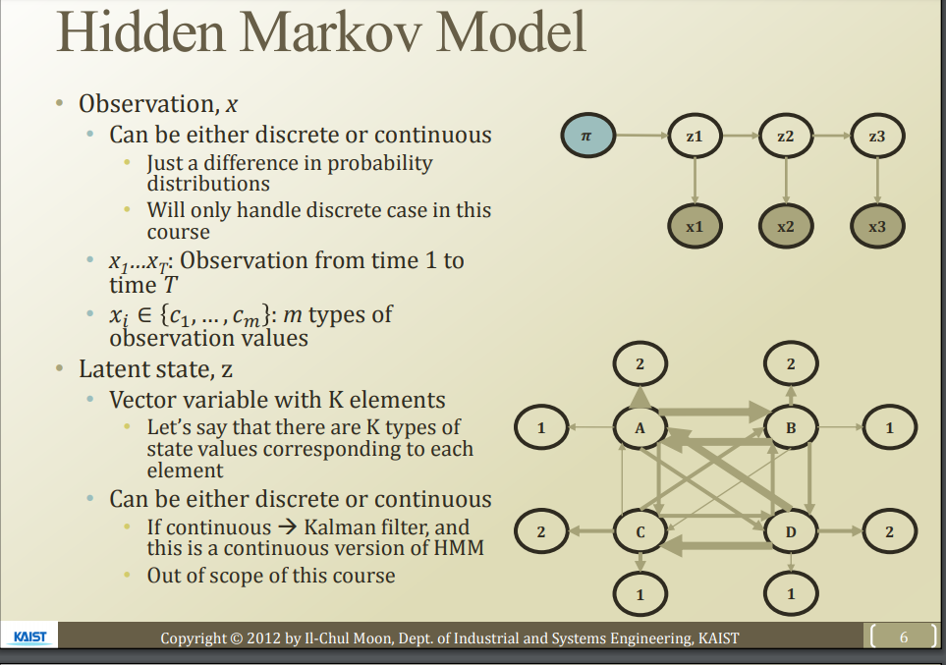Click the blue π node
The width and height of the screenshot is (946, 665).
click(x=587, y=137)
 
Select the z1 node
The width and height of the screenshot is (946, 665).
click(x=695, y=137)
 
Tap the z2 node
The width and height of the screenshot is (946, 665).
click(x=785, y=137)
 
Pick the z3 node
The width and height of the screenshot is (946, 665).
click(x=877, y=137)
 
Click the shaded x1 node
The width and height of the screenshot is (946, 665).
click(x=695, y=226)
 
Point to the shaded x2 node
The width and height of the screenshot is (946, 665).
click(x=785, y=226)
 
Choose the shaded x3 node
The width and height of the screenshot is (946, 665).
click(x=877, y=226)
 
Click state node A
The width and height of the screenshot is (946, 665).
click(x=640, y=427)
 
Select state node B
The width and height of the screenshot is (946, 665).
click(x=792, y=427)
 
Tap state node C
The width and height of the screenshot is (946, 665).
click(x=640, y=532)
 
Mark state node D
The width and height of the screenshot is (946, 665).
click(x=792, y=532)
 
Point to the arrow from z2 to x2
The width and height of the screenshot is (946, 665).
click(x=785, y=181)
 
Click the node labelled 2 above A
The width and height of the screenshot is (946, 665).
click(x=640, y=364)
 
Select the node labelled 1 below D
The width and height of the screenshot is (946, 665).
click(x=792, y=594)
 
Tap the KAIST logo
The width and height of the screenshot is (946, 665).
click(x=30, y=637)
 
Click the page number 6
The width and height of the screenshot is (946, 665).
click(x=905, y=637)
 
